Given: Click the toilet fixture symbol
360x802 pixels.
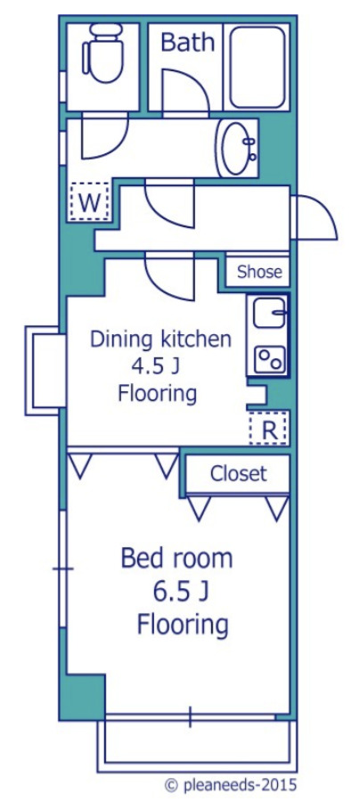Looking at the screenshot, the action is (x=103, y=53).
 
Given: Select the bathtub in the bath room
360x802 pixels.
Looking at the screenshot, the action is (x=258, y=66).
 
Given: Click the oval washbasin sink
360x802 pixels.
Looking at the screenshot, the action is (x=236, y=148).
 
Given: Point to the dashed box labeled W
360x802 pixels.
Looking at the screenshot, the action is (x=90, y=201).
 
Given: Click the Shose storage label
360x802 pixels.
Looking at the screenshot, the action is (x=259, y=272).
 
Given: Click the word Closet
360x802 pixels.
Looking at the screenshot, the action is (x=238, y=474).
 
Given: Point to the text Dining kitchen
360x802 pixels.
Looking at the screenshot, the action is (x=160, y=340).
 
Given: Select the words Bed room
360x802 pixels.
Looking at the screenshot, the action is (x=176, y=559).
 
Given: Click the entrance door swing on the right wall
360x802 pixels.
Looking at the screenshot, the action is (x=316, y=218).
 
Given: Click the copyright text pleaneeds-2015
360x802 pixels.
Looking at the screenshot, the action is (x=230, y=785).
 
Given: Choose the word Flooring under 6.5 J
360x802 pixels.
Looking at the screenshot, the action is (x=182, y=625).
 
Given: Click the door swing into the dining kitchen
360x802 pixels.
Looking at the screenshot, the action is (x=169, y=277).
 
